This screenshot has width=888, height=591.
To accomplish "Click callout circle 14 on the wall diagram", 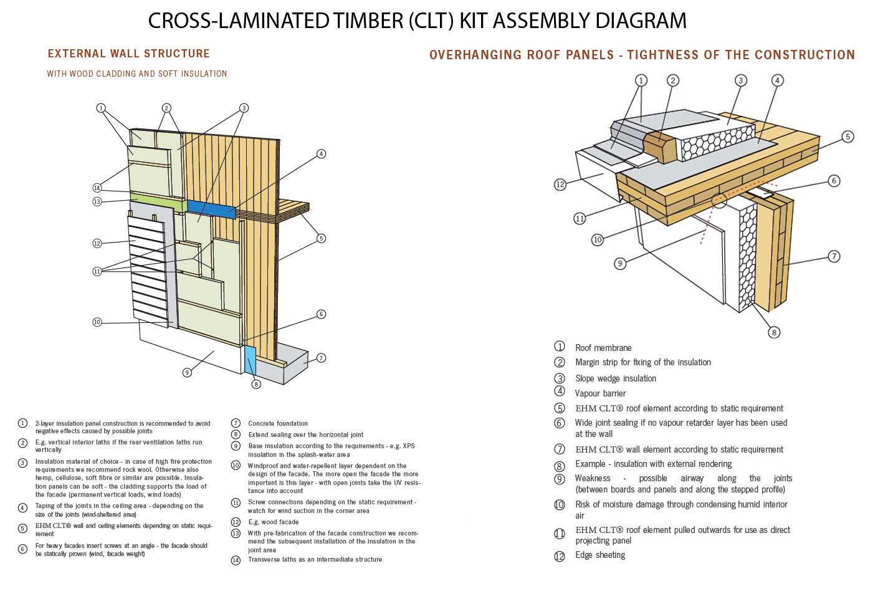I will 97,188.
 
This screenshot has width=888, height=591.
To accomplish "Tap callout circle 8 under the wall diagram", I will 255,384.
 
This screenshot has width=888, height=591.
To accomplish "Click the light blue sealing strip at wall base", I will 250,360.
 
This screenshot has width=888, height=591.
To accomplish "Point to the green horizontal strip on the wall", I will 156,202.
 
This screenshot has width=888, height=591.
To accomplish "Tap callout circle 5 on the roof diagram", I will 847,137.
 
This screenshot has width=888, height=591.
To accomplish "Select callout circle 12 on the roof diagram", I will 560,184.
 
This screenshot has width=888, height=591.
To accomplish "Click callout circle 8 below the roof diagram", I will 774,332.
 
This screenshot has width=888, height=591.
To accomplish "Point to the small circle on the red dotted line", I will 720,200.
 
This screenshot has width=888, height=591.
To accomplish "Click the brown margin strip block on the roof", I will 659,147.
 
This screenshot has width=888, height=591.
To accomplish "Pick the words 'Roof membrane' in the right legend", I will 603,348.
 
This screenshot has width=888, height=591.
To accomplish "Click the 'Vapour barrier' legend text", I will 600,393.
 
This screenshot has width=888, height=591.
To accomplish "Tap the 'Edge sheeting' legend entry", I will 600,555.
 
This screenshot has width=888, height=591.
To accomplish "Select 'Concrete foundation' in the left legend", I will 278,423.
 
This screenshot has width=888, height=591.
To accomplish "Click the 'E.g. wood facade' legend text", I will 273,522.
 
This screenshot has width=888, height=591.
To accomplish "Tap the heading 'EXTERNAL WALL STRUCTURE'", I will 129,54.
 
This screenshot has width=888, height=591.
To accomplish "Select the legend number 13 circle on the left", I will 236,533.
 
